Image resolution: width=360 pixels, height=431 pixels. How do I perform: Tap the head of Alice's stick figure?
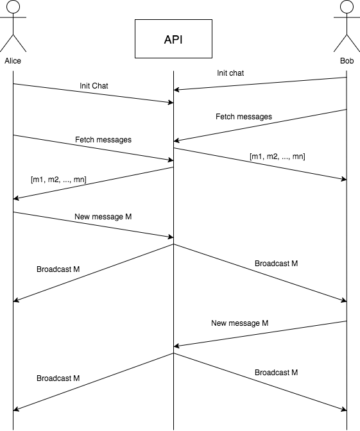[13, 6]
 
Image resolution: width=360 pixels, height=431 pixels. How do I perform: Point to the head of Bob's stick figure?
[347, 6]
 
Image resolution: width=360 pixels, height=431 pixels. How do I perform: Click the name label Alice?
[13, 61]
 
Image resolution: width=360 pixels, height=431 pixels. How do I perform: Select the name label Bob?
[347, 61]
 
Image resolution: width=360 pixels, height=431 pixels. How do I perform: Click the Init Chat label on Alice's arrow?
[94, 86]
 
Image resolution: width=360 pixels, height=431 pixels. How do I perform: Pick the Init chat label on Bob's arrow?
[230, 73]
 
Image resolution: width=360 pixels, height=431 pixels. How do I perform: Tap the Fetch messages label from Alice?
[103, 140]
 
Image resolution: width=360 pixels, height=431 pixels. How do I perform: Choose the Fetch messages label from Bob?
[244, 117]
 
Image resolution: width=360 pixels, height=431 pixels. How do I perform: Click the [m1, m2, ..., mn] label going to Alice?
[58, 180]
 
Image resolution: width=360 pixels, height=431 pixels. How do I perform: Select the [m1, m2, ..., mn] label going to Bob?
[277, 156]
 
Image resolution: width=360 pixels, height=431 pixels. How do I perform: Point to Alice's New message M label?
[103, 217]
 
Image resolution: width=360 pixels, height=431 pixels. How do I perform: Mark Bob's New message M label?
[240, 323]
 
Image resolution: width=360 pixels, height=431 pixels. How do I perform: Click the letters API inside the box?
[173, 40]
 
